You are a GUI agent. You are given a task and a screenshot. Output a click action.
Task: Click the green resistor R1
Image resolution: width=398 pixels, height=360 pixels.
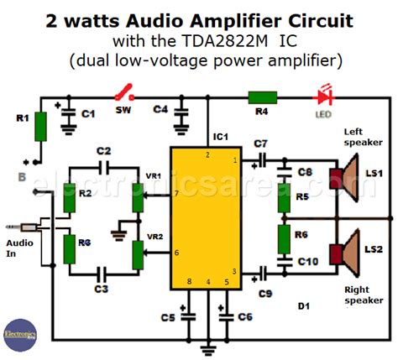(39, 128)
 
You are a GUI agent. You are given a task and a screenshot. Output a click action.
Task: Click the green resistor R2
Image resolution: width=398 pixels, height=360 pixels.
(71, 198)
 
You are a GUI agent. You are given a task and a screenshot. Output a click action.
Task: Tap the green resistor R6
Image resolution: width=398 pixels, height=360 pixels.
(285, 238)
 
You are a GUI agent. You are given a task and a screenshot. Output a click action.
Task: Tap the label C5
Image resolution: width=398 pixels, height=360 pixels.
(167, 316)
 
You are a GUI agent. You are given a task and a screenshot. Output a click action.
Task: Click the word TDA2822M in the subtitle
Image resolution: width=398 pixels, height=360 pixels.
(231, 41)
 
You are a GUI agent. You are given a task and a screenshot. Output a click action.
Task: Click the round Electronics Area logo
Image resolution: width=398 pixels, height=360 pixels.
(18, 332)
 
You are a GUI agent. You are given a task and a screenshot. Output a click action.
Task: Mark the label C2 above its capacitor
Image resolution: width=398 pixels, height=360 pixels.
(103, 150)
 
